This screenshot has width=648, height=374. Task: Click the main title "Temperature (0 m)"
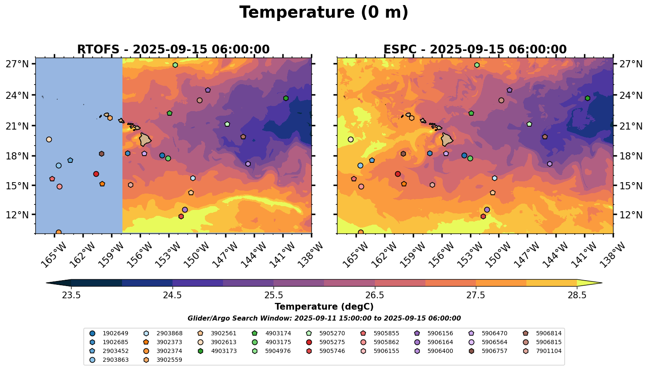(x=324, y=13)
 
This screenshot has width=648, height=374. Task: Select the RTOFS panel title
(x=173, y=49)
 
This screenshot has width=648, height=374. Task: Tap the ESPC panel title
(x=475, y=49)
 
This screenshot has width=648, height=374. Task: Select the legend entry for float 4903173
(x=223, y=351)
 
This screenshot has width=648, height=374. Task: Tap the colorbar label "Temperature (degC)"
(x=324, y=307)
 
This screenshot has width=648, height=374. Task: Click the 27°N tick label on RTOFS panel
(x=17, y=64)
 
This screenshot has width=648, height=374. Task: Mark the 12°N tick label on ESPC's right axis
(x=631, y=215)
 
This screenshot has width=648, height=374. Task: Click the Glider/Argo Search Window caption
(x=324, y=318)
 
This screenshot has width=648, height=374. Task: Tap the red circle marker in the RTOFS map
(x=96, y=174)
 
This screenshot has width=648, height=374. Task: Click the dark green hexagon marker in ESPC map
(x=587, y=98)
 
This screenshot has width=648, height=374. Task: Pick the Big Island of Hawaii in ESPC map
(x=447, y=139)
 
